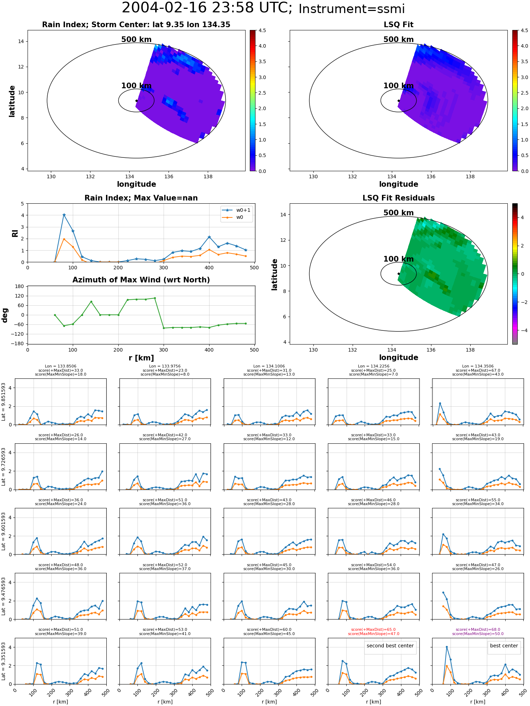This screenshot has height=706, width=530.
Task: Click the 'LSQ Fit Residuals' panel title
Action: [399, 198]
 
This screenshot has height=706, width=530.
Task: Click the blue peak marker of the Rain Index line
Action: [64, 215]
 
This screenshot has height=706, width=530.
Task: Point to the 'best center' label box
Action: [504, 646]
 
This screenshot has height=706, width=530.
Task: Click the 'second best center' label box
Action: [390, 646]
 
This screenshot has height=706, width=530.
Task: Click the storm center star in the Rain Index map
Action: [136, 101]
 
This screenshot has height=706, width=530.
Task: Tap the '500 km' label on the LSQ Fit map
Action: [399, 40]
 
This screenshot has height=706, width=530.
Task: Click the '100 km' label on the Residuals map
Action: [399, 259]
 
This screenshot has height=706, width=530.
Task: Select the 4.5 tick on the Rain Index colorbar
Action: [262, 30]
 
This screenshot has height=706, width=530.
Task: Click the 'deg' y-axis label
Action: [5, 315]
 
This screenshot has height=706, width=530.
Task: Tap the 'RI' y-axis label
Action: [15, 233]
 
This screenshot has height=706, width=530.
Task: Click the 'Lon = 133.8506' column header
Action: [60, 366]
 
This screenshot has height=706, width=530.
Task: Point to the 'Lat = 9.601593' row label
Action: [4, 531]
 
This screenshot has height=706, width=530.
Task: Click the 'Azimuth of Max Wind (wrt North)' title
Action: [141, 280]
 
